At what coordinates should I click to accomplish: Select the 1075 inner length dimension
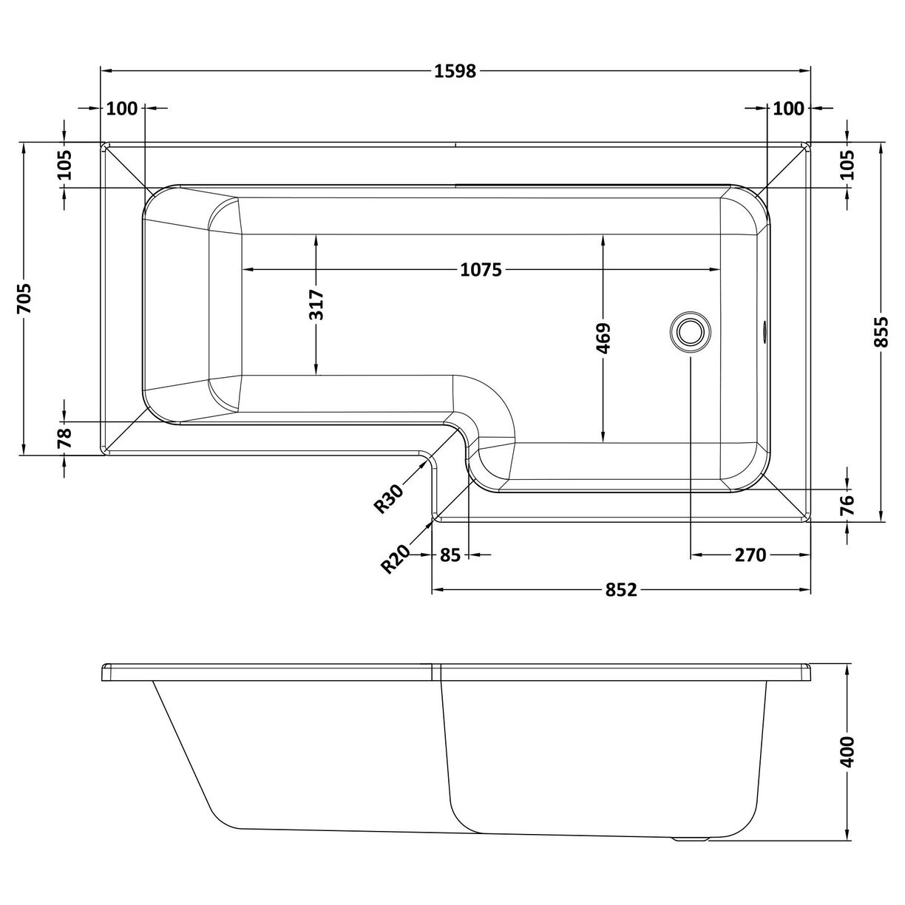coord(481,270)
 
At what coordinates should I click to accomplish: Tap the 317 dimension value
coord(316,305)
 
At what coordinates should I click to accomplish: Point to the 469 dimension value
coord(603,337)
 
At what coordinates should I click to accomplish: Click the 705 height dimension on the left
coord(24,298)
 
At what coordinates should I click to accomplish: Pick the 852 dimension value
coord(621,590)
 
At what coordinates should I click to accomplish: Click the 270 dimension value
coord(750,555)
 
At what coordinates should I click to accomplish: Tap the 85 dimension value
coord(450,555)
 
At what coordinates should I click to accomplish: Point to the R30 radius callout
coord(388,498)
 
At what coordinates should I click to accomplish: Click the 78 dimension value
coord(65,438)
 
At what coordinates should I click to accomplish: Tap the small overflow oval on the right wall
coord(765,331)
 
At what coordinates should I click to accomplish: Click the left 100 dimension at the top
coord(122,109)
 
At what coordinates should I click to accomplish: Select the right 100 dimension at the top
coord(788,109)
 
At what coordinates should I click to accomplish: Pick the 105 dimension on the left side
coord(65,165)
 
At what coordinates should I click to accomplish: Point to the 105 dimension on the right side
coord(847,165)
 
